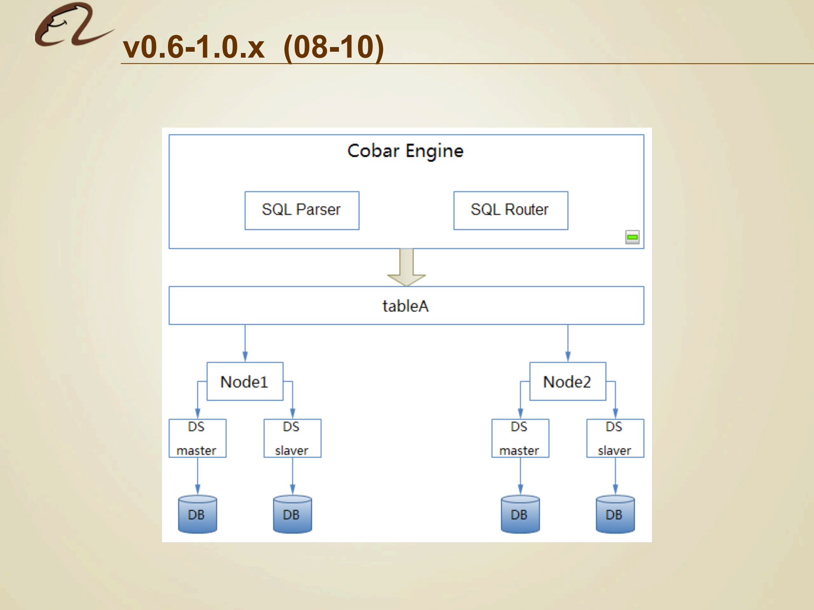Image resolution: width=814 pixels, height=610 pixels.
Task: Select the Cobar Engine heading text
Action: (x=405, y=151)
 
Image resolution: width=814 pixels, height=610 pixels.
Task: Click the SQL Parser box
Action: (x=302, y=210)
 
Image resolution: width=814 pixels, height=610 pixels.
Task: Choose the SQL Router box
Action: (x=510, y=210)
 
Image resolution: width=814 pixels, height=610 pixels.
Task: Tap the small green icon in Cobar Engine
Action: (x=632, y=237)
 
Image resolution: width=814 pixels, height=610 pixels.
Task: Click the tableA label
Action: (x=406, y=306)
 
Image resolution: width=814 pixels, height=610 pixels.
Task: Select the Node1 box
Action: (x=245, y=382)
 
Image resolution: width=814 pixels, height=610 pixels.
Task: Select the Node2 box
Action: (x=568, y=382)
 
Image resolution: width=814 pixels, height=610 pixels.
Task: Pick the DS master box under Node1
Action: (x=197, y=438)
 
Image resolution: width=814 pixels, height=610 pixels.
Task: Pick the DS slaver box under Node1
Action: (x=292, y=438)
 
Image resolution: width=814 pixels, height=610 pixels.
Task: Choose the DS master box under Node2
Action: (x=520, y=438)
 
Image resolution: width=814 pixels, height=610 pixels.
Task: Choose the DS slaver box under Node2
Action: (x=615, y=438)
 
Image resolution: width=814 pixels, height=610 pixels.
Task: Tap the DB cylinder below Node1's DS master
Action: (x=197, y=514)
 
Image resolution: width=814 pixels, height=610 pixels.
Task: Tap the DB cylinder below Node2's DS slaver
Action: (x=615, y=514)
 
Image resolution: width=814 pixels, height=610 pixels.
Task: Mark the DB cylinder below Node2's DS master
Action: (x=520, y=514)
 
